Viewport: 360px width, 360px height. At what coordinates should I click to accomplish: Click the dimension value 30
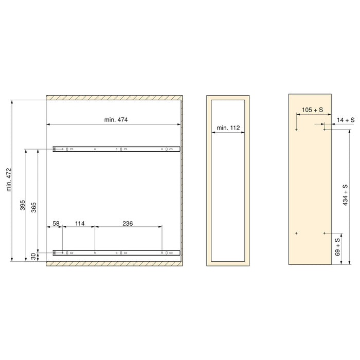[34, 256]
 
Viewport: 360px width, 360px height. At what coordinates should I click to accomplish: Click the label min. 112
[228, 127]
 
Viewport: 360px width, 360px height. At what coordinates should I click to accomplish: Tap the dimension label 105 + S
[312, 110]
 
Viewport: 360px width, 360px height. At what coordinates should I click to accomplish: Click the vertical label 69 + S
[337, 247]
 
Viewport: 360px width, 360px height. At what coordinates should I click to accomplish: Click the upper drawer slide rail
[116, 149]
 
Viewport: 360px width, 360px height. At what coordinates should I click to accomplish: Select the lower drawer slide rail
[116, 253]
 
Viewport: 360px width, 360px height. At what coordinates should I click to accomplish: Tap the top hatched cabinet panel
[114, 98]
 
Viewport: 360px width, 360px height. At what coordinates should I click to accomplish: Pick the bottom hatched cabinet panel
[114, 264]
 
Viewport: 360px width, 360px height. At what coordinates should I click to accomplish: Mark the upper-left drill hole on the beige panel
[297, 130]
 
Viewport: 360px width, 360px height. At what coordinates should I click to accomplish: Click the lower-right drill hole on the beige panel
[325, 233]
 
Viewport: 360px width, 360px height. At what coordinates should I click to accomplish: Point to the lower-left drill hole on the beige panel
[297, 233]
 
